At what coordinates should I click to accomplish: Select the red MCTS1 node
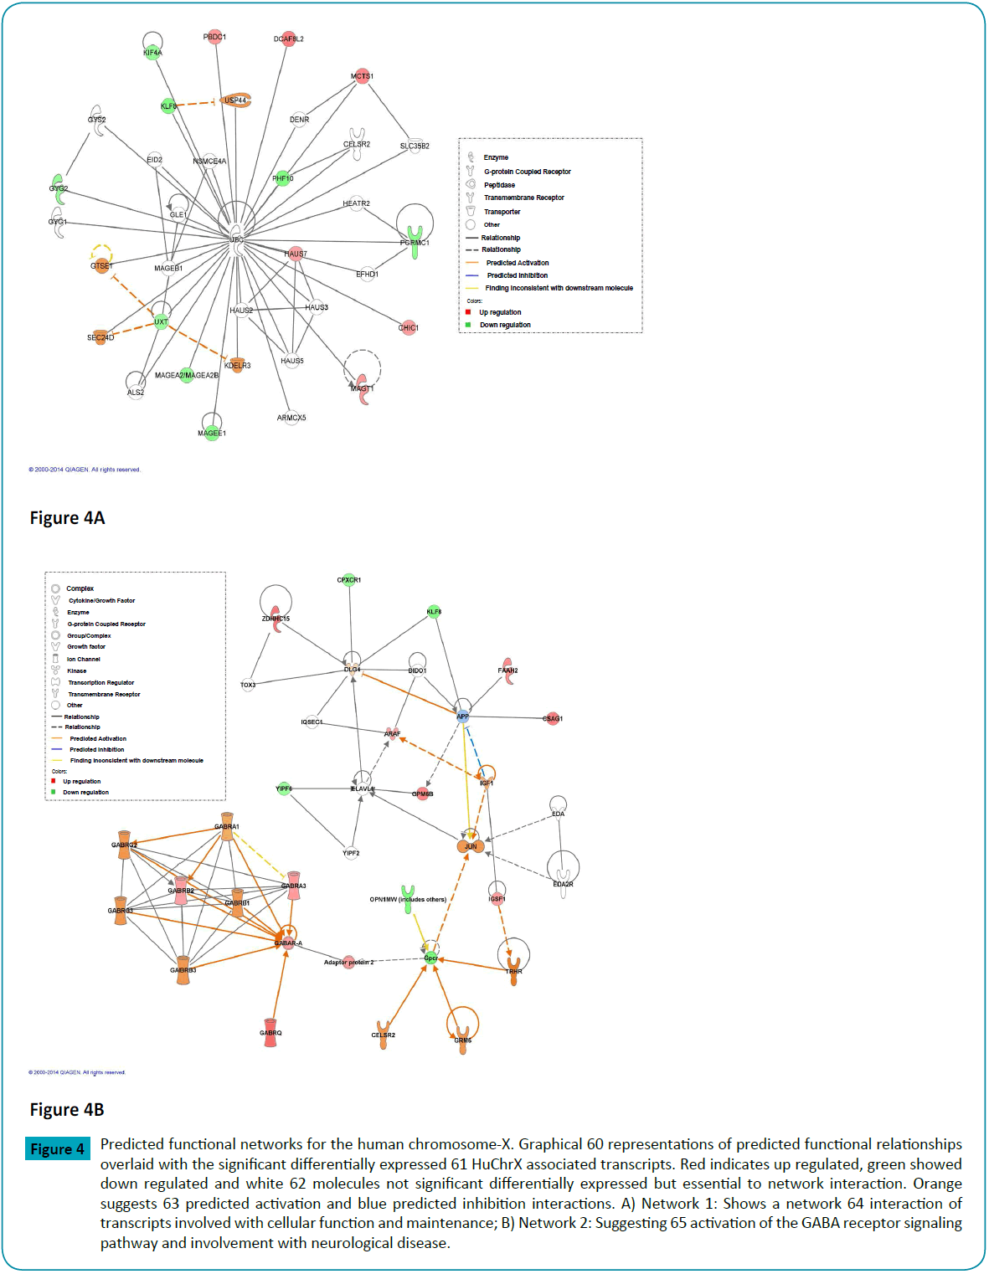362,76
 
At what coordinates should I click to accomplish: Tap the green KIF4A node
152,52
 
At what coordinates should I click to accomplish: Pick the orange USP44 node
235,100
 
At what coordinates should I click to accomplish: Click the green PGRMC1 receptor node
415,242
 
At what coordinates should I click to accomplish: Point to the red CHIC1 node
408,327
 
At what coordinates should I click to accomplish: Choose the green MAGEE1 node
212,432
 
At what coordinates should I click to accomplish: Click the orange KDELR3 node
237,364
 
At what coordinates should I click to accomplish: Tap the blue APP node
462,717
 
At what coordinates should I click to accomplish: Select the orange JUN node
470,846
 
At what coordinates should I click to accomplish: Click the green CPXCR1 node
349,579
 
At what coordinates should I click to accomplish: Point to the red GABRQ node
270,1029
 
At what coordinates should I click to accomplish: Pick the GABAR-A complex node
288,943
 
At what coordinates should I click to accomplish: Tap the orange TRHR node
513,972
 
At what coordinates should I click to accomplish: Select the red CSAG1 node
553,718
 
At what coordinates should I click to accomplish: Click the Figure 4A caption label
67,518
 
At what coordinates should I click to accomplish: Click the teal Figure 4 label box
57,1149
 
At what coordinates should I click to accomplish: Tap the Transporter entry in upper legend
502,212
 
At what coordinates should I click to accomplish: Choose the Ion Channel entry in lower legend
83,660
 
